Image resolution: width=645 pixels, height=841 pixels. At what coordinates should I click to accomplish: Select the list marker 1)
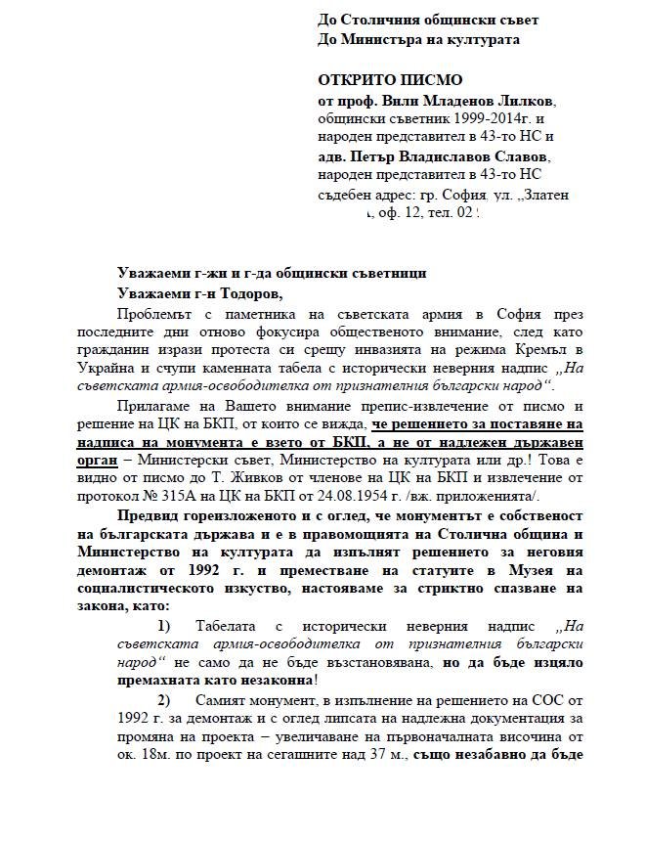163,626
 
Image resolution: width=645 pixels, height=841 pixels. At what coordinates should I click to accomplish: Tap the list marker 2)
163,700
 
